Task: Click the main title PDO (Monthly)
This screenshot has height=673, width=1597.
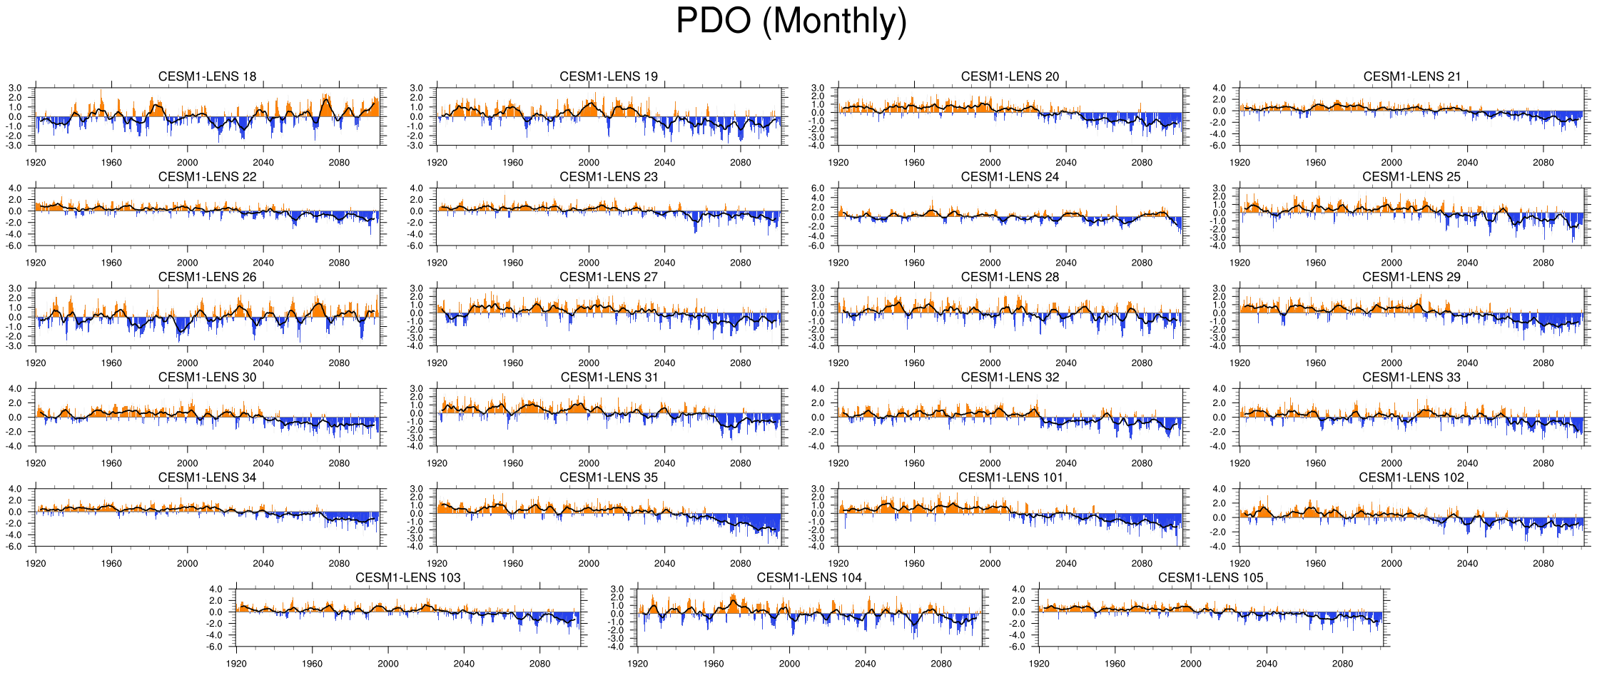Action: pyautogui.click(x=791, y=21)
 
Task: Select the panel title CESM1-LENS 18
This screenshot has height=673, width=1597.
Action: pyautogui.click(x=207, y=76)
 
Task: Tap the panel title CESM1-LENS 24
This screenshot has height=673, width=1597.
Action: pyautogui.click(x=1010, y=176)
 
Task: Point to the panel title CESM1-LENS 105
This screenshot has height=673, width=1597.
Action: pyautogui.click(x=1210, y=577)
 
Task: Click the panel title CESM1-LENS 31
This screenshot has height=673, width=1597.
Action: pyautogui.click(x=609, y=377)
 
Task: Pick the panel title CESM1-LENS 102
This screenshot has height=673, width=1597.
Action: pyautogui.click(x=1411, y=477)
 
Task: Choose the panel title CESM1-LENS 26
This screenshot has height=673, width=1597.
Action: pyautogui.click(x=207, y=277)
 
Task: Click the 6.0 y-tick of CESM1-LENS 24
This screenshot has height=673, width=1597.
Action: pyautogui.click(x=818, y=188)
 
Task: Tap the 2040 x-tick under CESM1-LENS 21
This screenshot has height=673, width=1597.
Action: pyautogui.click(x=1467, y=163)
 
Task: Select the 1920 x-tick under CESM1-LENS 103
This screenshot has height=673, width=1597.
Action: pyautogui.click(x=236, y=664)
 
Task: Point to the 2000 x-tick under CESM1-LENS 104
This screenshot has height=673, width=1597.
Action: pyautogui.click(x=789, y=664)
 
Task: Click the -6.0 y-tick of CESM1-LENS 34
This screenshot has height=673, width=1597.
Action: pyautogui.click(x=15, y=547)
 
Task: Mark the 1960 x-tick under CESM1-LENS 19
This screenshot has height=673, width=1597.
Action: pyautogui.click(x=512, y=163)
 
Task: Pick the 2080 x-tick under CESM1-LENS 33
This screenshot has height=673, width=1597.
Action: pyautogui.click(x=1543, y=463)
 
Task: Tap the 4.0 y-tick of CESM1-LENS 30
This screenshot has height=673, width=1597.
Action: pyautogui.click(x=15, y=389)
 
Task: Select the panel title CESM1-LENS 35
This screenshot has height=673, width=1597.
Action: pyautogui.click(x=609, y=477)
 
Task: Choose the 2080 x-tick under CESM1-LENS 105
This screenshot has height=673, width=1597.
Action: pyautogui.click(x=1342, y=664)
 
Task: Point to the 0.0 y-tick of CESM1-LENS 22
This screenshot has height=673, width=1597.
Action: pyautogui.click(x=15, y=211)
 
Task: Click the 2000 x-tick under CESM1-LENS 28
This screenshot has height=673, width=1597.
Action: pyautogui.click(x=990, y=363)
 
